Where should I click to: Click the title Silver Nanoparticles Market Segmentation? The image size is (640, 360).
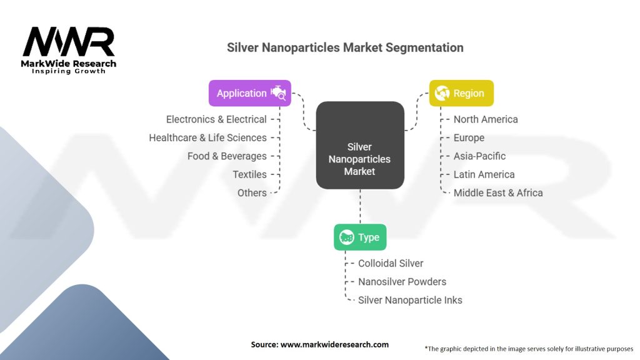pos(345,47)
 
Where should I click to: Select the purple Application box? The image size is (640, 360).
pos(249,93)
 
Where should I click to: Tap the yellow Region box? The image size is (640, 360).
pos(461,93)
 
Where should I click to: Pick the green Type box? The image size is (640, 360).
pos(360,237)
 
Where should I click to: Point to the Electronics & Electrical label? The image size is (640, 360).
pos(216,119)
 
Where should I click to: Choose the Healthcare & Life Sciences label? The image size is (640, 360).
pos(207,137)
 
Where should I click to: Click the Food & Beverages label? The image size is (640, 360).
pos(227,156)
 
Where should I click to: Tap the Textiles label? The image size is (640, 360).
pos(249,174)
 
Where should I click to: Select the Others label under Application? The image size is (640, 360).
pos(252,192)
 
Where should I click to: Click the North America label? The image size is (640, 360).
pos(486,119)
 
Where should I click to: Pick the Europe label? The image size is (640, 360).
pos(469,137)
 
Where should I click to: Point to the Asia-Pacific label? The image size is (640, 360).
pos(479,156)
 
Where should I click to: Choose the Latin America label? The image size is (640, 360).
pos(484,174)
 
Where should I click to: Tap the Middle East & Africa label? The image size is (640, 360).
pos(498,192)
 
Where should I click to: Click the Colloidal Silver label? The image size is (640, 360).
pos(391,263)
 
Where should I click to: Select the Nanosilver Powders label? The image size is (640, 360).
pos(402,281)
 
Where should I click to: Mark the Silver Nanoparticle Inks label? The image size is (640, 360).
pos(410,300)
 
